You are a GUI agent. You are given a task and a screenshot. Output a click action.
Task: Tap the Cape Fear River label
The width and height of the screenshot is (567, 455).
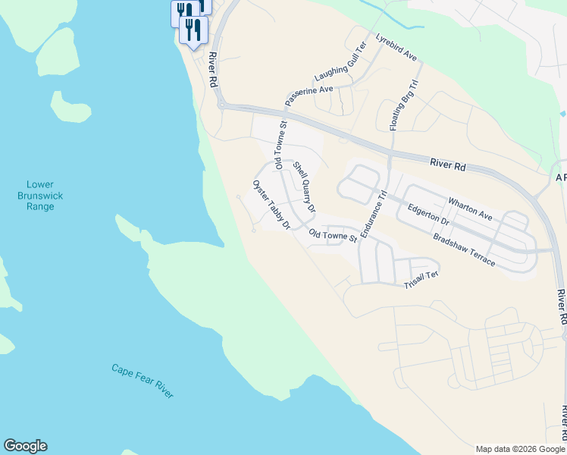pyautogui.click(x=143, y=381)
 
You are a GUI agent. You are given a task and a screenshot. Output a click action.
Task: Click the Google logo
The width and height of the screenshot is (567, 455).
pyautogui.click(x=25, y=446)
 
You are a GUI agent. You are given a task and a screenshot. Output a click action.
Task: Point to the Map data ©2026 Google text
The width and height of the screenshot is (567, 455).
pyautogui.click(x=520, y=449)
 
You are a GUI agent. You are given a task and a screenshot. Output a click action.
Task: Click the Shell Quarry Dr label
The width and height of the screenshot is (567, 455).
pyautogui.click(x=304, y=186)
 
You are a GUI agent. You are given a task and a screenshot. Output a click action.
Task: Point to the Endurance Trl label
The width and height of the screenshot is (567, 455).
pyautogui.click(x=374, y=215)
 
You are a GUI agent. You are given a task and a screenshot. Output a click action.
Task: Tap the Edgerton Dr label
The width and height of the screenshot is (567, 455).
pyautogui.click(x=428, y=216)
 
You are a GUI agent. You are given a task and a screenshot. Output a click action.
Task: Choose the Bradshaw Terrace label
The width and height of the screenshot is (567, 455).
pyautogui.click(x=464, y=249)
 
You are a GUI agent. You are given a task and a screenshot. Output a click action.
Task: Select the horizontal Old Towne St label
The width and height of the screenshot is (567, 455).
pyautogui.click(x=333, y=237)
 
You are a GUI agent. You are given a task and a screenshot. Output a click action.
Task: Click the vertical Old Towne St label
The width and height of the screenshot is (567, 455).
pyautogui.click(x=280, y=145)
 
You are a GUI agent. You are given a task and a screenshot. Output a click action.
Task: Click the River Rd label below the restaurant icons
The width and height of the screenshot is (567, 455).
pyautogui.click(x=213, y=70)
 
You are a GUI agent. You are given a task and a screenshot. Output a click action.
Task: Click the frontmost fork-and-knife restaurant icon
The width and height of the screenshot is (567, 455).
pyautogui.click(x=194, y=30)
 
